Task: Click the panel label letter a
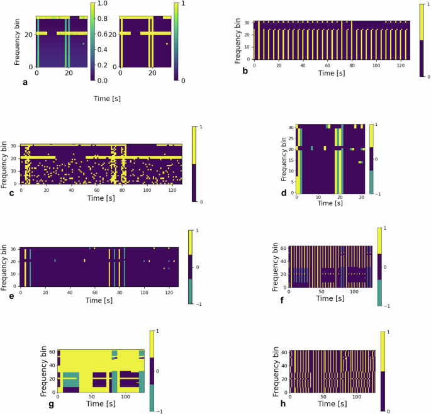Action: [x=25, y=82]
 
